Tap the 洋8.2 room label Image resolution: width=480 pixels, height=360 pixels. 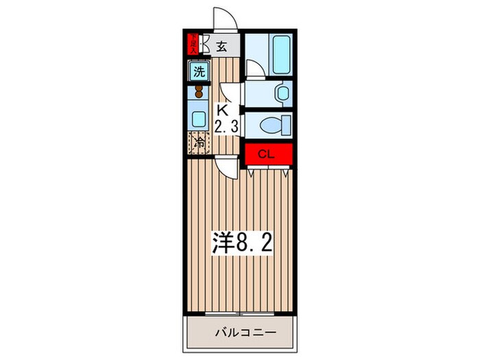pyautogui.click(x=241, y=243)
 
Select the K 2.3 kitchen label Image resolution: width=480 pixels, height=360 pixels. pyautogui.click(x=226, y=118)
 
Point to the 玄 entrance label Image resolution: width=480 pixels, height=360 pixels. pyautogui.click(x=223, y=47)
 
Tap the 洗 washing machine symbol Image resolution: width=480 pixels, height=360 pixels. pyautogui.click(x=198, y=71)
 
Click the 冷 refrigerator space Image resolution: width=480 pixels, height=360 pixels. pyautogui.click(x=198, y=143)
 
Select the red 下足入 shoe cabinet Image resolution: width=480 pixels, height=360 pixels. pyautogui.click(x=194, y=45)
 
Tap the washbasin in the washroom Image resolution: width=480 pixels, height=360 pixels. pyautogui.click(x=280, y=92)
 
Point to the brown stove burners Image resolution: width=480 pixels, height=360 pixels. pyautogui.click(x=199, y=92)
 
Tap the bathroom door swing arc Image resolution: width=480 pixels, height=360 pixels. pyautogui.click(x=254, y=69)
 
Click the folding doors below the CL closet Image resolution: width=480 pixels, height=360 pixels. pyautogui.click(x=268, y=173)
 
